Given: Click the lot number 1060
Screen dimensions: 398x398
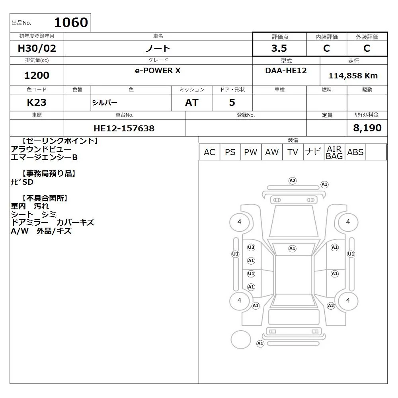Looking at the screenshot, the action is [71, 22].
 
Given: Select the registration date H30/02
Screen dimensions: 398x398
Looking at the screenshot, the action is [37, 48].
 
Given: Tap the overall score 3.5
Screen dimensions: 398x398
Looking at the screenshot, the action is [279, 48].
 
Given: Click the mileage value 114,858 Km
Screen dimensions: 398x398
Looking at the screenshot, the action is [353, 76].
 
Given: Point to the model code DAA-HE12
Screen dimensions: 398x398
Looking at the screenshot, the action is [286, 70].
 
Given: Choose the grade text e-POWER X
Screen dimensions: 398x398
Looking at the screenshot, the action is [158, 70].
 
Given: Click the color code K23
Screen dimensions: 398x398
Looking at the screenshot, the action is [37, 102].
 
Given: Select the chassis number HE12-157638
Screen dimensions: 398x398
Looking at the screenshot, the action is [124, 128].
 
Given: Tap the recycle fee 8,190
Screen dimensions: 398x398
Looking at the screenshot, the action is [367, 128].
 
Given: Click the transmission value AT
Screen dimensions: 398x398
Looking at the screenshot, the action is [192, 102].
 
